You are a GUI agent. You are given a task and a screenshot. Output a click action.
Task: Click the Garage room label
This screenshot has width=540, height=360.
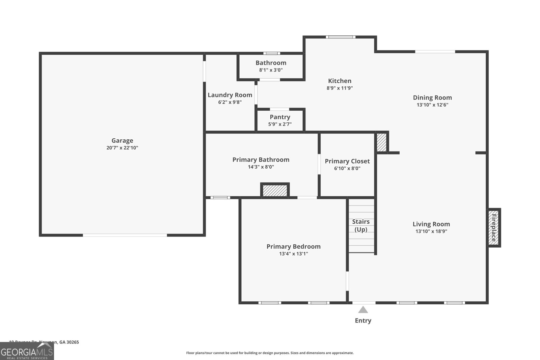tap(122, 140)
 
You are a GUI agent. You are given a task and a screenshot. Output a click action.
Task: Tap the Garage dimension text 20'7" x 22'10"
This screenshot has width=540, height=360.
tap(122, 148)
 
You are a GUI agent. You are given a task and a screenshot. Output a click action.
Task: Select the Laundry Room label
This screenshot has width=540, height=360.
tap(230, 95)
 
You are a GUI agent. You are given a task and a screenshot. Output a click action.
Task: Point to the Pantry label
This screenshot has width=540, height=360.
tap(280, 117)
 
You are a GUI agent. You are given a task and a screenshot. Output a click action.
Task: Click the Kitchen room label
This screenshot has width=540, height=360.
tap(340, 81)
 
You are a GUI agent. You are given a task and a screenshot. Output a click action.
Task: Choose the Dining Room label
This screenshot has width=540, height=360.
tap(432, 98)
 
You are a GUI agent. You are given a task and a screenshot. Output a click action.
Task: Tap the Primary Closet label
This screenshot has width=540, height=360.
tap(347, 161)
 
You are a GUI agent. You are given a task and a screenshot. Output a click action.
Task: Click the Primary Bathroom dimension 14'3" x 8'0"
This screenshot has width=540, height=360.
tap(261, 167)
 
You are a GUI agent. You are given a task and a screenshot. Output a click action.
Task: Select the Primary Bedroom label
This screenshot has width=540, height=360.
tap(293, 246)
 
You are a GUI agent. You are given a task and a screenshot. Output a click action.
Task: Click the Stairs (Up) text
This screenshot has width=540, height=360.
tap(361, 225)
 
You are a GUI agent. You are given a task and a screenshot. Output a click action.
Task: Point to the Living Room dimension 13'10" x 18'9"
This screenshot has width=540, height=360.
tap(431, 231)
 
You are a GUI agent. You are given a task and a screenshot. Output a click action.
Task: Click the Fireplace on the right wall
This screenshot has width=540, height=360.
tap(494, 228)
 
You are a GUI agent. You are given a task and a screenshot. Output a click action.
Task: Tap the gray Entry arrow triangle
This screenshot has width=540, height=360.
tap(363, 310)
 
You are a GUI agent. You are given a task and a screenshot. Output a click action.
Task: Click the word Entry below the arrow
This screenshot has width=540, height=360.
tap(363, 321)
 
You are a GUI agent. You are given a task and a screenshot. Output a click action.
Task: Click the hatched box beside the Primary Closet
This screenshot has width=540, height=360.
tap(381, 142)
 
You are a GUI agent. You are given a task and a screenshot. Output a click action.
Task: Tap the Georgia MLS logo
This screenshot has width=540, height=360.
tap(27, 352)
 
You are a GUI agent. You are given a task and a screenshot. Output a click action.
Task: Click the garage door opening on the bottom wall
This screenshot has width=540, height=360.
tap(125, 235)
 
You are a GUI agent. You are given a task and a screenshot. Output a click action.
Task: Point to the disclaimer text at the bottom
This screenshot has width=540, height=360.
tap(270, 353)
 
